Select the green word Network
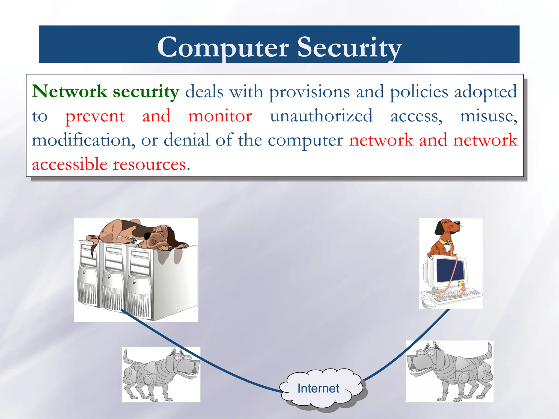[x=69, y=91]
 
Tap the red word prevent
[x=95, y=116]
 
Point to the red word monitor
[x=220, y=116]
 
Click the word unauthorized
[x=321, y=116]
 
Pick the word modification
[x=83, y=140]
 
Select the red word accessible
[x=70, y=164]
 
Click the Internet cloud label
[x=318, y=388]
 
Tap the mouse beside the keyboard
[x=428, y=304]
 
